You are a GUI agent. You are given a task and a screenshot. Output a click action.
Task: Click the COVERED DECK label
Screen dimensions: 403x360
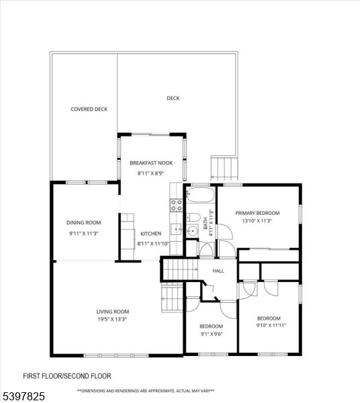point(89,109)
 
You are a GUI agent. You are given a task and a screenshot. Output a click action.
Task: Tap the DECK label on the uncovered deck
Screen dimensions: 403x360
point(173,98)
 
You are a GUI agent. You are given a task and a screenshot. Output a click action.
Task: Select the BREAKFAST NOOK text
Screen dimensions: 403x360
point(151,163)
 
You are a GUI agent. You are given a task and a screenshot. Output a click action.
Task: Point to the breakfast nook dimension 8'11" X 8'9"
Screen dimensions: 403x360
point(151,174)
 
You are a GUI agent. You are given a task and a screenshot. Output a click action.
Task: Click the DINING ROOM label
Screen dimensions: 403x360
point(83,222)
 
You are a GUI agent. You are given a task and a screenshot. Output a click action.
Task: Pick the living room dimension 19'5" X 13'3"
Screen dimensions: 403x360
point(112,320)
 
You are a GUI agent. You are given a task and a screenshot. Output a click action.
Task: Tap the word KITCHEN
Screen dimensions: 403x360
point(150,233)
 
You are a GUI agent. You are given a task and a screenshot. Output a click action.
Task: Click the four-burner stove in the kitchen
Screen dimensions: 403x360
point(176,205)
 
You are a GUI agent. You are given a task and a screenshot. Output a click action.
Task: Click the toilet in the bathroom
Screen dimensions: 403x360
point(191,217)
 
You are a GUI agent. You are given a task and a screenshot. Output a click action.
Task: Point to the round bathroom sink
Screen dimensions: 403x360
point(178,230)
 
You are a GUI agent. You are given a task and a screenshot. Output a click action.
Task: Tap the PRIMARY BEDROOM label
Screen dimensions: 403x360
point(257,213)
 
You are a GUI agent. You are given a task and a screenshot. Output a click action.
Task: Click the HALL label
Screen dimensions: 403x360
point(218,271)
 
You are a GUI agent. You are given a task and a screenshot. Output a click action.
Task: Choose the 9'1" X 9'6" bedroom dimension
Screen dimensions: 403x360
point(211,334)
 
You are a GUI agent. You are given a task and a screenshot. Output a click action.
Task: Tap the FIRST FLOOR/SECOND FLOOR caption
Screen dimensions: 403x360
point(67,376)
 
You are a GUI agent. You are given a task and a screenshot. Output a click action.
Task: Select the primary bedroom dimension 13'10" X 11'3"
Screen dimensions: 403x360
point(257,221)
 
